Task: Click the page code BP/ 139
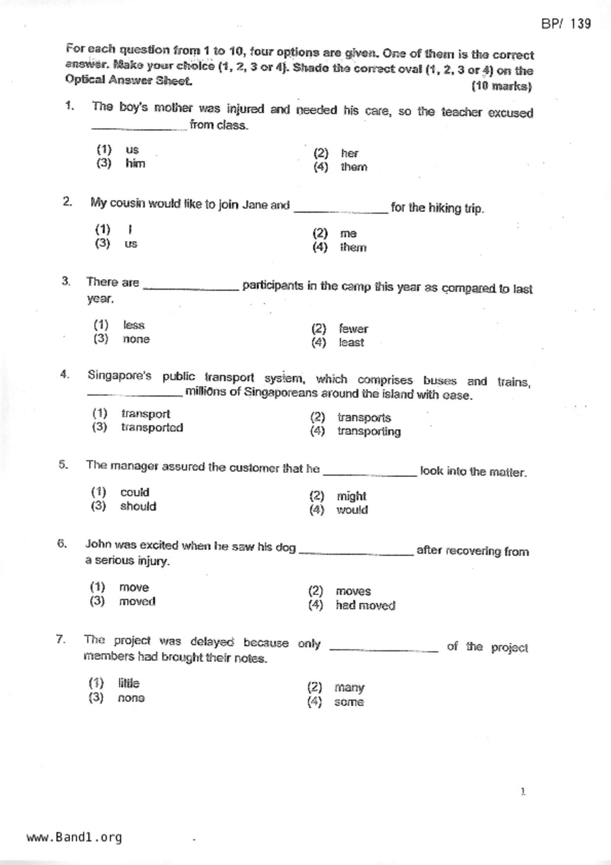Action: [566, 24]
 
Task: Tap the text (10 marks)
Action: [502, 86]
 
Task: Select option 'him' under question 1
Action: [135, 163]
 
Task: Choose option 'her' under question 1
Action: [349, 153]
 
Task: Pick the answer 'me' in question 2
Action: [348, 233]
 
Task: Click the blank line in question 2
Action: [341, 212]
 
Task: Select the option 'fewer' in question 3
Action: [353, 329]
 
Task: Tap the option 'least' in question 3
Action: [351, 343]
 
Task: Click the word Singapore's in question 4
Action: [119, 376]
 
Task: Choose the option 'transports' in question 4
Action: [364, 418]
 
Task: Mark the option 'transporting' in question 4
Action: [369, 432]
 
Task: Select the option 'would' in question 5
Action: [352, 510]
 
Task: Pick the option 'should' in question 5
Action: [138, 506]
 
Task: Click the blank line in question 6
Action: [356, 554]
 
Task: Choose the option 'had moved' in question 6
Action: [365, 605]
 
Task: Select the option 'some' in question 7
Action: [349, 702]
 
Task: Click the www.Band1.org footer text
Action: [74, 837]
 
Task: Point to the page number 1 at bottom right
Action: [523, 792]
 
